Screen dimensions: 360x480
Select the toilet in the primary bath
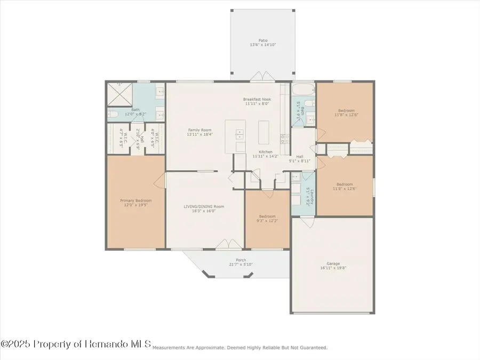tap(113, 113)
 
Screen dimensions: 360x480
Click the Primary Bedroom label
tap(135, 201)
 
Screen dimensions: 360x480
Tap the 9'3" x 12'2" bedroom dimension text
tap(267, 220)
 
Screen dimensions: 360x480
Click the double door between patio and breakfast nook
tap(262, 77)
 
